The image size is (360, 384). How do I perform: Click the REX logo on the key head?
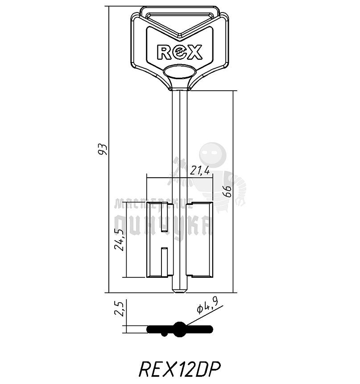(x=180, y=52)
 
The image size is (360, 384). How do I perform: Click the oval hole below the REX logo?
(x=180, y=71)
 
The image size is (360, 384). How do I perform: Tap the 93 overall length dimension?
(x=103, y=149)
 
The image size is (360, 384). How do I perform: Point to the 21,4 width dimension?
(x=199, y=171)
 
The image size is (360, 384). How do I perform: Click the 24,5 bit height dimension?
(x=119, y=239)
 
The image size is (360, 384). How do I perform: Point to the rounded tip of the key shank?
(x=180, y=291)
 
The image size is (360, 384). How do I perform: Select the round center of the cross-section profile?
(x=180, y=330)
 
